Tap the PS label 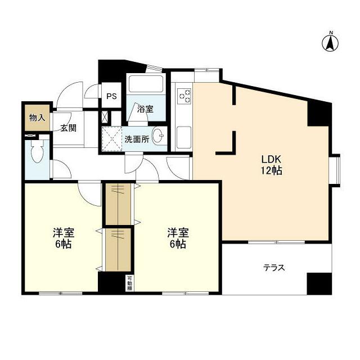(111, 96)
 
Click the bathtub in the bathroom (146, 84)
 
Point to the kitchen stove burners (184, 96)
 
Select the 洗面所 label (137, 139)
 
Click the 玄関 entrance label (69, 128)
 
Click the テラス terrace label (274, 268)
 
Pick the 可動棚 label (129, 283)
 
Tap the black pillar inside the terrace (314, 283)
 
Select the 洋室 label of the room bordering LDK (177, 232)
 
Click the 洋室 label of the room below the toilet (64, 232)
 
